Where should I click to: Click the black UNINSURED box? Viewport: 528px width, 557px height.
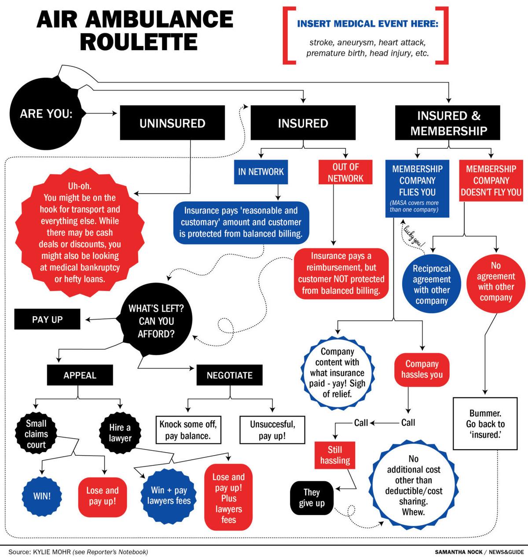click(x=172, y=123)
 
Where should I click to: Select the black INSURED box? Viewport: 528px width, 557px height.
click(x=303, y=123)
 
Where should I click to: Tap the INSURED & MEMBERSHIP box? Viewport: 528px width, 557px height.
click(x=448, y=123)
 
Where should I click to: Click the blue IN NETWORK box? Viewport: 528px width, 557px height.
click(x=261, y=171)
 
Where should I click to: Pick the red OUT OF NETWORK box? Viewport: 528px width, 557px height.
click(x=345, y=172)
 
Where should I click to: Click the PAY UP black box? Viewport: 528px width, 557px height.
click(x=48, y=319)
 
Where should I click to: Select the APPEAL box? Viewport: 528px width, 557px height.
click(x=80, y=375)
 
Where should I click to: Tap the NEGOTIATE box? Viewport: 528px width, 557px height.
click(x=230, y=375)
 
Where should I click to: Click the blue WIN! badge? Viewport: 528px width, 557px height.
click(x=42, y=495)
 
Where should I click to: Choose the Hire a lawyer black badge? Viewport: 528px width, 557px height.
click(x=120, y=432)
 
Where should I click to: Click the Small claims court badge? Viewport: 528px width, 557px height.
click(x=37, y=434)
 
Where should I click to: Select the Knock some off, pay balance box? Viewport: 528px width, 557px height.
click(x=188, y=430)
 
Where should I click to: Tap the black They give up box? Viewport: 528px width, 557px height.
click(x=312, y=498)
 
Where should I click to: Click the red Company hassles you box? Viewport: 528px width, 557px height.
click(x=422, y=369)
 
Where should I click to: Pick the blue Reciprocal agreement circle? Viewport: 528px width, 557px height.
click(x=432, y=284)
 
